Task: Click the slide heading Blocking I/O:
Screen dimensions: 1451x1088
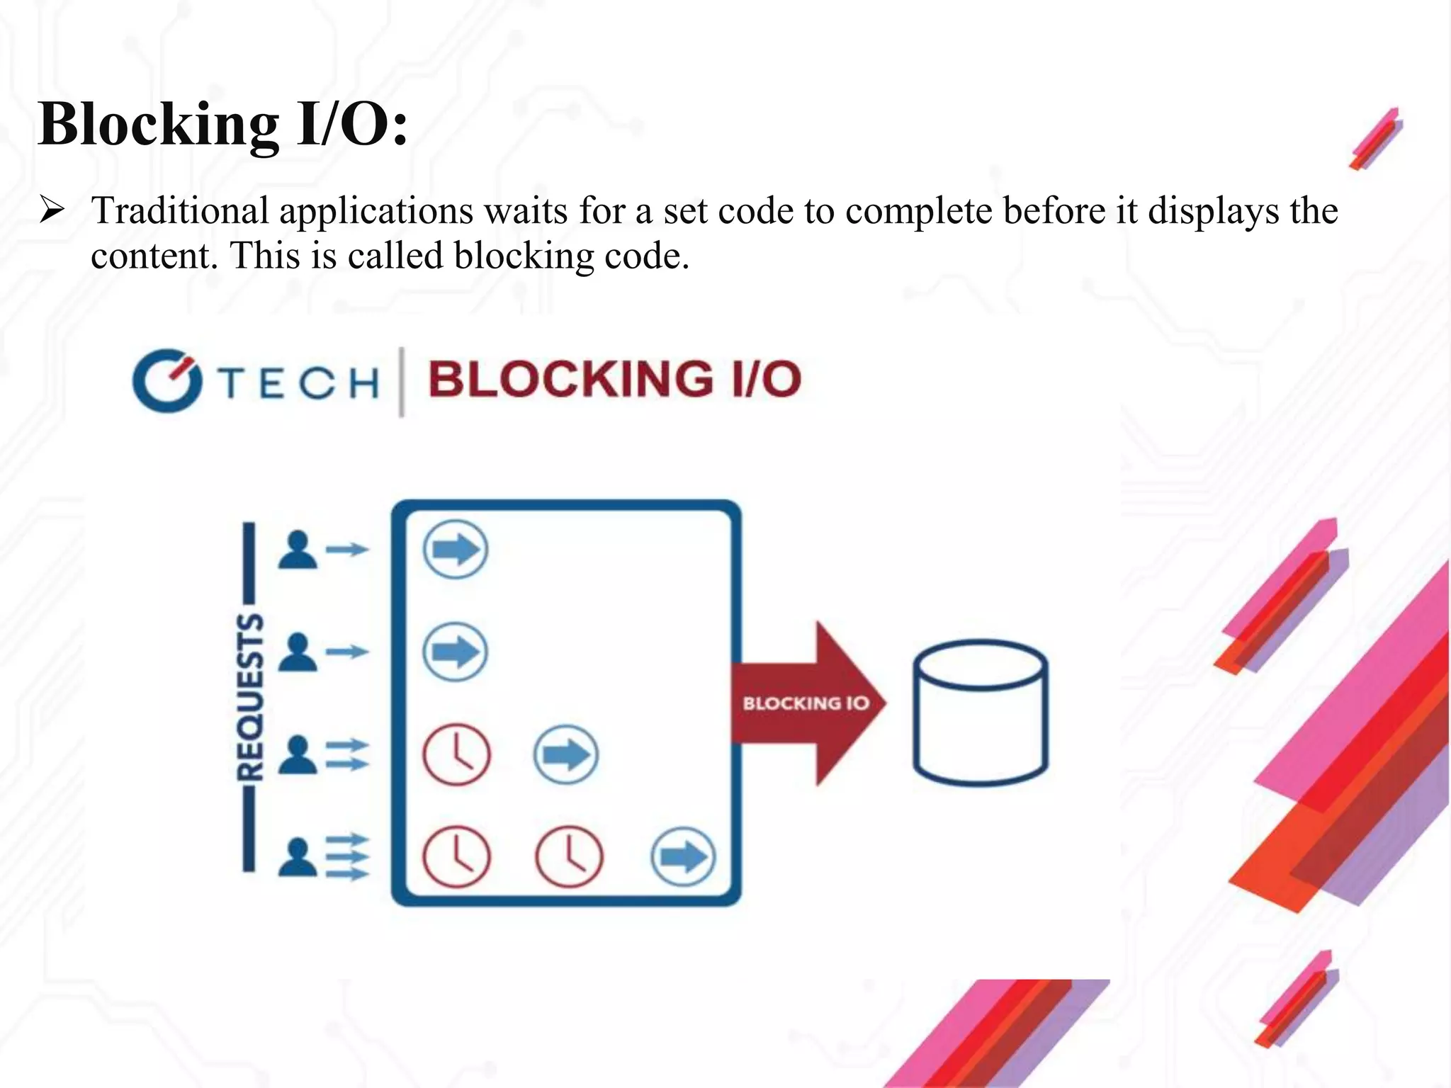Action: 223,125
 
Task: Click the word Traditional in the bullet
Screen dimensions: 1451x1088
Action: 180,211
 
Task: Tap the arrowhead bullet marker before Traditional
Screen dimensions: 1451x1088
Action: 52,210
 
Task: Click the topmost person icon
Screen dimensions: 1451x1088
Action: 298,550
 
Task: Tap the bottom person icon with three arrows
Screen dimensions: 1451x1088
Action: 298,857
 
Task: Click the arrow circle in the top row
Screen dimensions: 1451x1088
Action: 456,550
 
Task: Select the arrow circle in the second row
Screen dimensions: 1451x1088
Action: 456,652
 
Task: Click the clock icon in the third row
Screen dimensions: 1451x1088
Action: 456,754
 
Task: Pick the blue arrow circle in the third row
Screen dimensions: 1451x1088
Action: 565,754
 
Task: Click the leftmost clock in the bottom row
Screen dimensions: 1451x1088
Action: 456,856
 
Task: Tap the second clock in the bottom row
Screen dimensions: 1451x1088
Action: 568,856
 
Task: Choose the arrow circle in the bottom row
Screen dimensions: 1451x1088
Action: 683,857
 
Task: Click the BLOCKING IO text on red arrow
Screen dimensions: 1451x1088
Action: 806,703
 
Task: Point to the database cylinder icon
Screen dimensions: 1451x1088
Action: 981,712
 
